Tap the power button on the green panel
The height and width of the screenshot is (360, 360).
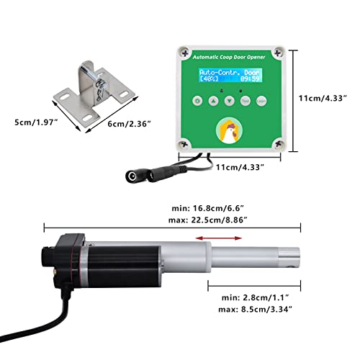click(198, 102)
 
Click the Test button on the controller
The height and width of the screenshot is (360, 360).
click(245, 102)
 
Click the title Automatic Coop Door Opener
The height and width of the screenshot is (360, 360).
click(228, 58)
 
